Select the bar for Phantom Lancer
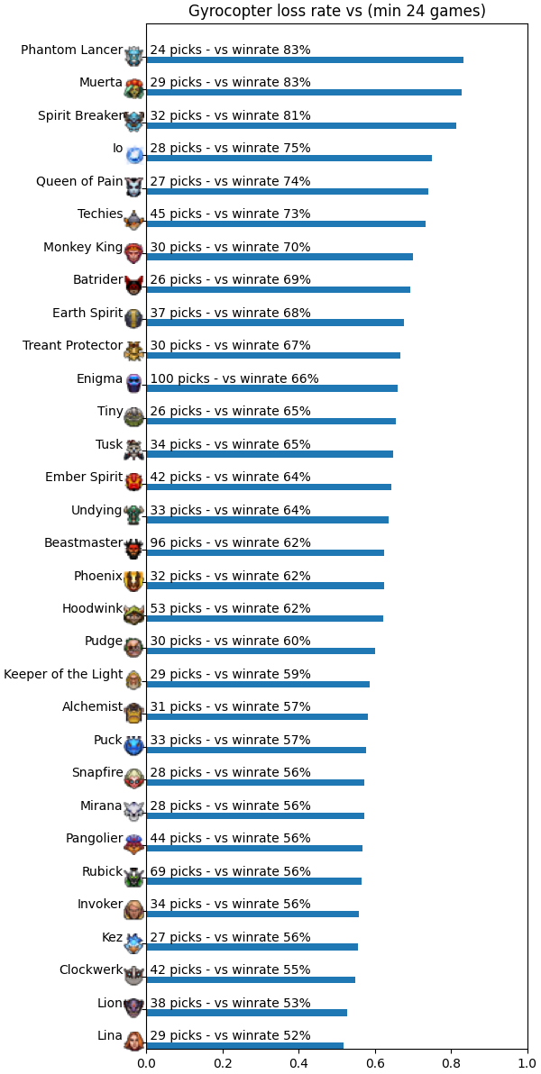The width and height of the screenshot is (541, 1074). (305, 59)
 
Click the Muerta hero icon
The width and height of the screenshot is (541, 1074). (134, 87)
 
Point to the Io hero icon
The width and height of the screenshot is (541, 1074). (134, 155)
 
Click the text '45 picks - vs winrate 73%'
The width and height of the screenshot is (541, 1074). (231, 214)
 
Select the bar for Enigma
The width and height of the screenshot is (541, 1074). (271, 388)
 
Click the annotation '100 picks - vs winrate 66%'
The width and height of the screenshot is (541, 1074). (234, 378)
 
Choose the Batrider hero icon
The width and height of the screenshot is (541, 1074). (134, 285)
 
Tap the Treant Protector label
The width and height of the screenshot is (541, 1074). (73, 345)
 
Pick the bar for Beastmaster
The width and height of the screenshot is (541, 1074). (265, 552)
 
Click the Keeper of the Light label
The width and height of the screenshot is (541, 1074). (63, 674)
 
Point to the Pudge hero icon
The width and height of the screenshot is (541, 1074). (134, 647)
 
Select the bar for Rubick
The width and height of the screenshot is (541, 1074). (253, 881)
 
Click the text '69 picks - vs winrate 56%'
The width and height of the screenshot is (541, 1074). (231, 871)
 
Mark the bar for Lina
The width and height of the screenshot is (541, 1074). (244, 1046)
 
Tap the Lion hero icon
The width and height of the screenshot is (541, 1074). (134, 1008)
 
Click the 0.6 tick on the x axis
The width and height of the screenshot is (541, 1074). (375, 1064)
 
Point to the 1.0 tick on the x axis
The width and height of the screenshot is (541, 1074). (528, 1064)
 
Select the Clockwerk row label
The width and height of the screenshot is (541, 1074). (91, 969)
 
